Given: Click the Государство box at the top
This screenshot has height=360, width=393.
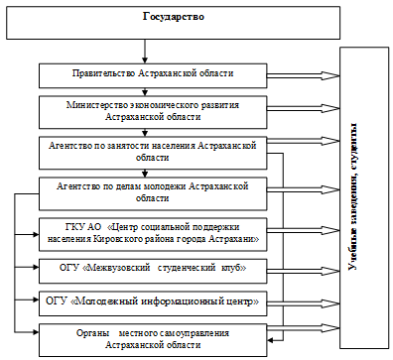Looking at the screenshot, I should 146,19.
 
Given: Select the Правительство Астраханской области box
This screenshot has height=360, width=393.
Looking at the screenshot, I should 153,73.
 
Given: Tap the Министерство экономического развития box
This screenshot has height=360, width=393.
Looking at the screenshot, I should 153,109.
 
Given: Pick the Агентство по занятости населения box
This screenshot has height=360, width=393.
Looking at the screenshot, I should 153,150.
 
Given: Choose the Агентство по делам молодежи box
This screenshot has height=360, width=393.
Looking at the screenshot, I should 153,190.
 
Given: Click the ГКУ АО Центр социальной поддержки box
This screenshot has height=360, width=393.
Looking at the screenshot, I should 153,233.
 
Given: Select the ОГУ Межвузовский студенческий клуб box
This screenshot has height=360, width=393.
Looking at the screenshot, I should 153,269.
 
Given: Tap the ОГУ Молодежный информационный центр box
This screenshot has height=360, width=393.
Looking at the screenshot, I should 153,300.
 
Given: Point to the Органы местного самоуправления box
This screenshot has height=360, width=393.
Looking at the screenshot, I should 153,336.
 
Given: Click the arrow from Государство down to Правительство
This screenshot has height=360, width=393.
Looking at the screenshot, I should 146,52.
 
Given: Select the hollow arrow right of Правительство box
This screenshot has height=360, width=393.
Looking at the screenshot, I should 303,73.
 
